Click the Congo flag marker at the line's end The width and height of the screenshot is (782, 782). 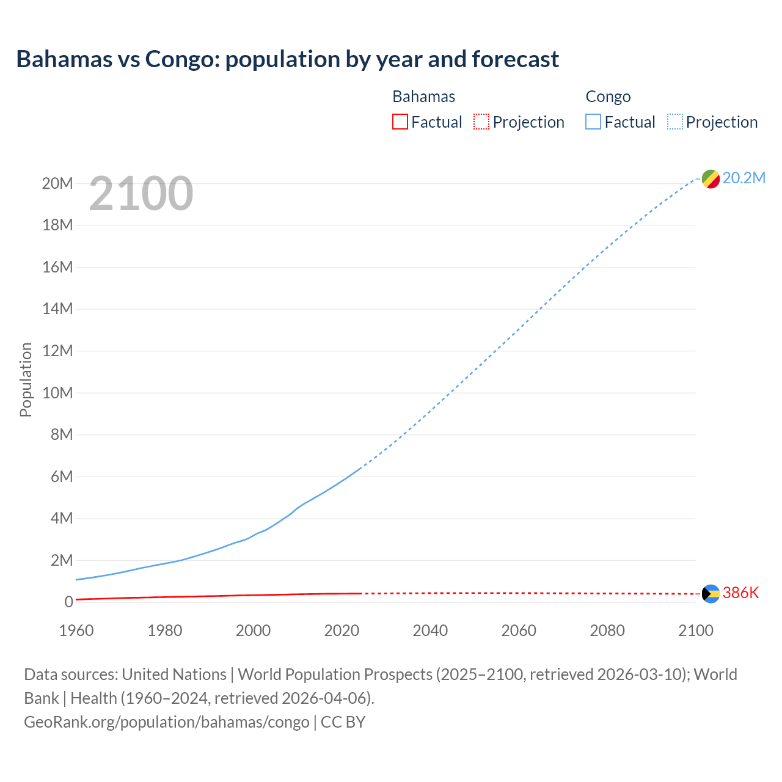711,179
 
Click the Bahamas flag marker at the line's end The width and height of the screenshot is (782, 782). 711,593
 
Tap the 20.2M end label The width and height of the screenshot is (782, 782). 744,178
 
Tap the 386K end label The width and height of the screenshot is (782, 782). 740,593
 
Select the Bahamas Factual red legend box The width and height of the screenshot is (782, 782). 400,122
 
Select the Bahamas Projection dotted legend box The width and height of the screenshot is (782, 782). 481,122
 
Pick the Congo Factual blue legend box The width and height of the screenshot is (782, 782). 593,122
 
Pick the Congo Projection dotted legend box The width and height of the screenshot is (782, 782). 674,122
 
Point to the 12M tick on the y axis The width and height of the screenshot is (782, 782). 57,351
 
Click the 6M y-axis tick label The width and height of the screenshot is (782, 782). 61,477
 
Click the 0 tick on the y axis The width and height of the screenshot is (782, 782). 68,602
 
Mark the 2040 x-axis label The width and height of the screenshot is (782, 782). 430,630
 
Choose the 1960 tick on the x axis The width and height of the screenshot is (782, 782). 76,630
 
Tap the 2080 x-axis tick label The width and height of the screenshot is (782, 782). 607,630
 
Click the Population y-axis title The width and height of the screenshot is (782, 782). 26,379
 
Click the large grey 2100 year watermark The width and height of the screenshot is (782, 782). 141,194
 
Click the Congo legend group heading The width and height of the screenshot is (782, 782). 608,97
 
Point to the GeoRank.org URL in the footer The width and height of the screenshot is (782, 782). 166,722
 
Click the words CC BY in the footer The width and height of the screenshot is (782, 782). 343,722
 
